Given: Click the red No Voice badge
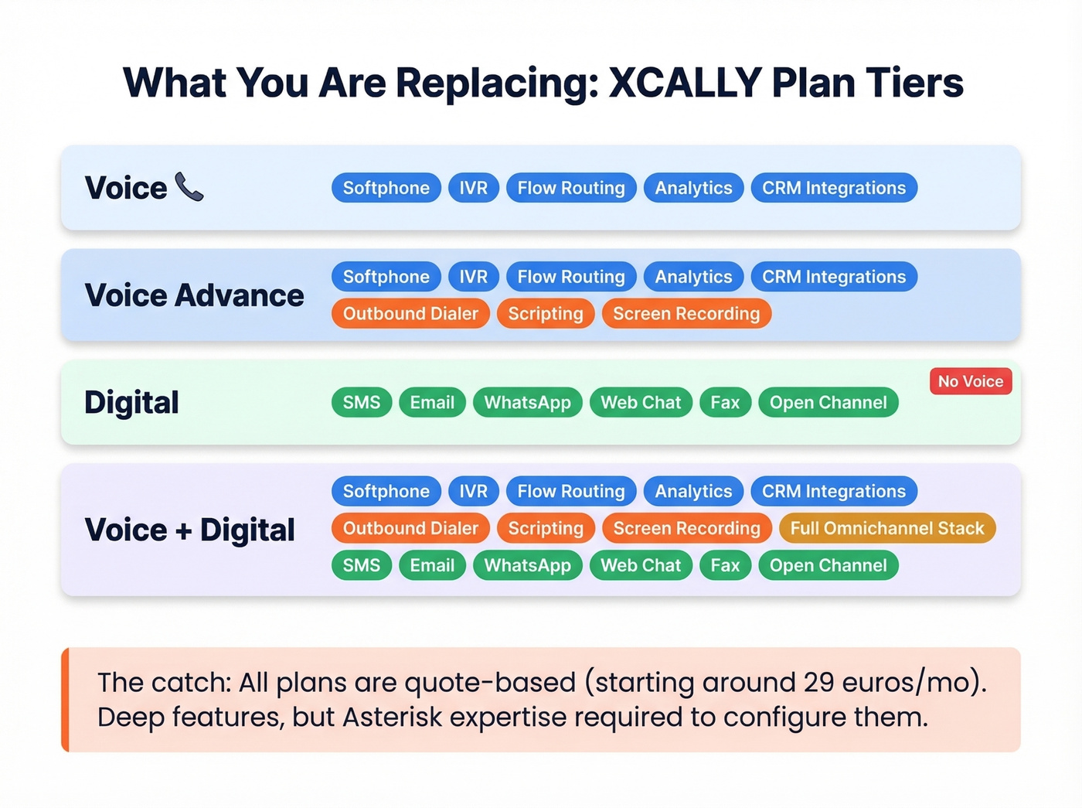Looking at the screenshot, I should (970, 381).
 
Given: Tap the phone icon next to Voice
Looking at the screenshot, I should (189, 187).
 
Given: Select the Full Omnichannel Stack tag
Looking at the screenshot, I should (886, 528).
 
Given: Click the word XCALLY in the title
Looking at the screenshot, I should (685, 82).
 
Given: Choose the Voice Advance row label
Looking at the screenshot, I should (194, 295).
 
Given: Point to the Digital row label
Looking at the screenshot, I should (131, 402).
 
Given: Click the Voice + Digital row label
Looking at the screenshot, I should (189, 530).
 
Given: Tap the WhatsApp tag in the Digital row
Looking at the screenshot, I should (527, 402).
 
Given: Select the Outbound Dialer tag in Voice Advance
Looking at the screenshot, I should (410, 313).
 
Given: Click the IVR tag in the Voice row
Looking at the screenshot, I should (473, 188).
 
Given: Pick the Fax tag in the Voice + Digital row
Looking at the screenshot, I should (725, 565).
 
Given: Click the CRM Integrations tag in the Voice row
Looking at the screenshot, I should (833, 188).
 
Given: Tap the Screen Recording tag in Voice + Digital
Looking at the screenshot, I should (686, 528).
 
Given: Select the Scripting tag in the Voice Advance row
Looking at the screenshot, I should (545, 313).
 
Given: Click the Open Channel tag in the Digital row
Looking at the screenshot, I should (828, 402).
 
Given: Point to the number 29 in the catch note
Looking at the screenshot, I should (818, 682).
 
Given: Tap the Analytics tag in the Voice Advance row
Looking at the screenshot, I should (693, 277).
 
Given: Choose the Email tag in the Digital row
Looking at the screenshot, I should (432, 402).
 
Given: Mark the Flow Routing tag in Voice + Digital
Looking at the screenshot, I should (570, 491).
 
